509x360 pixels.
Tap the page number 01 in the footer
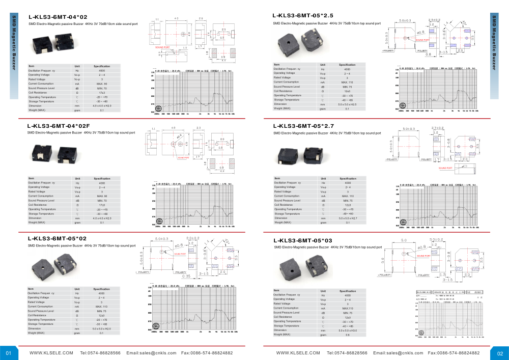coord(8,353)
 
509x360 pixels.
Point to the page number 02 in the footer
coord(500,353)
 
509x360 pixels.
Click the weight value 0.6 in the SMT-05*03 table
coord(348,335)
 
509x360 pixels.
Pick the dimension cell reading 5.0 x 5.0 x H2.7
coord(348,218)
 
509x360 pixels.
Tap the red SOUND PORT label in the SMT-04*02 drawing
coord(162,47)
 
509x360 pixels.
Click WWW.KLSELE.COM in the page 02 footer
coord(298,353)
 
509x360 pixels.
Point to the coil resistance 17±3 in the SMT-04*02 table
coord(102,92)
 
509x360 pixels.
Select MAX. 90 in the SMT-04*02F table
coord(102,196)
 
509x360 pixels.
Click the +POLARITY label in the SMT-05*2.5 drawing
coord(389,51)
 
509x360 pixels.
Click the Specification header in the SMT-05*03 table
coord(348,291)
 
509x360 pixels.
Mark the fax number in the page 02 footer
coord(454,353)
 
